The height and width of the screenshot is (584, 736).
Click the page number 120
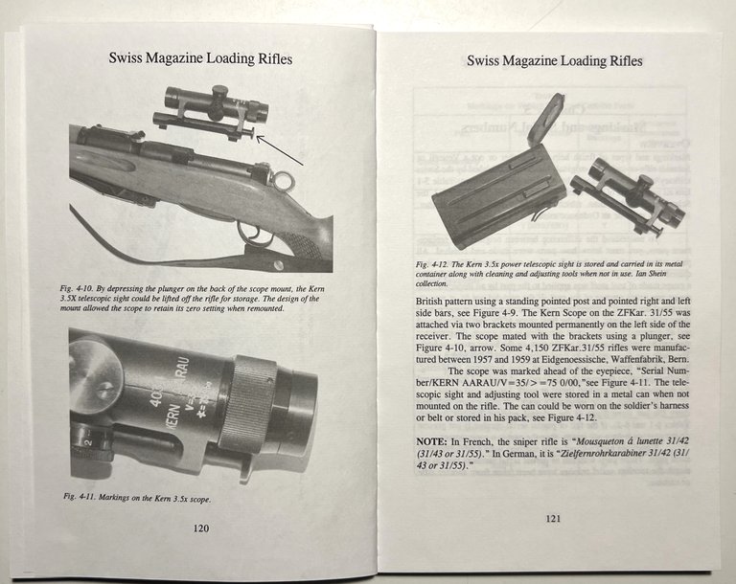(200, 528)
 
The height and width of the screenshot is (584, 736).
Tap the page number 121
(553, 520)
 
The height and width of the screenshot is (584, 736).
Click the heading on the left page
(199, 59)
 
